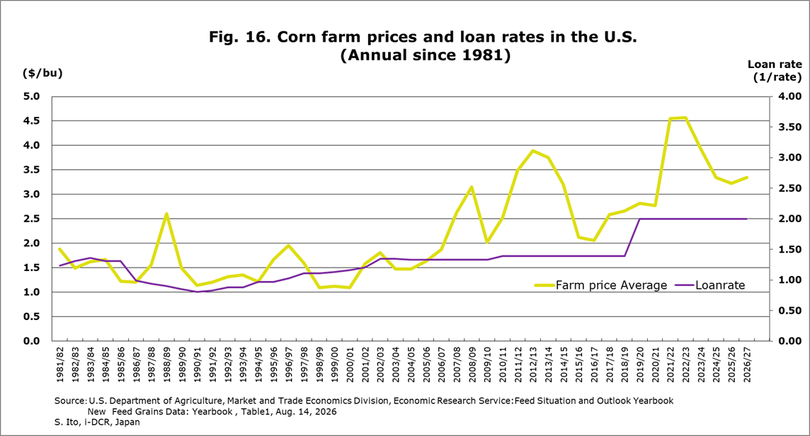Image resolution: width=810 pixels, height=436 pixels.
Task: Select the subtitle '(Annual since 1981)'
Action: (x=425, y=54)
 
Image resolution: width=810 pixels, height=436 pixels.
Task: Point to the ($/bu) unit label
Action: (x=42, y=73)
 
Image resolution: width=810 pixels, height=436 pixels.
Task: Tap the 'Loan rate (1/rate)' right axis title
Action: (x=775, y=71)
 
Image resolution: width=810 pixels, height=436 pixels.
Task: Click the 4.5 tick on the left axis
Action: (x=31, y=121)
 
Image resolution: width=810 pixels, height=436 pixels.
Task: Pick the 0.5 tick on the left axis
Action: (x=31, y=316)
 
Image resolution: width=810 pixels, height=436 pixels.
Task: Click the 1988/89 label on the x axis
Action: (x=166, y=365)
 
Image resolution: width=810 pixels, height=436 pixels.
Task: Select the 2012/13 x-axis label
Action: (x=533, y=365)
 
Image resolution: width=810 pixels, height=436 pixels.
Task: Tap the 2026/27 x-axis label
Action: (x=747, y=365)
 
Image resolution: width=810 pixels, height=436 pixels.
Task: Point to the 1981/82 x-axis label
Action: (x=59, y=365)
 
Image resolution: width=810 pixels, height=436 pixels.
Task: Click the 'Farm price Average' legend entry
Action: (x=601, y=285)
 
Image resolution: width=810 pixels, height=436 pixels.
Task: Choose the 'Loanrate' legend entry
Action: (x=710, y=285)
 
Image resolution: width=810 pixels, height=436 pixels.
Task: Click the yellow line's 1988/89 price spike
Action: (x=166, y=214)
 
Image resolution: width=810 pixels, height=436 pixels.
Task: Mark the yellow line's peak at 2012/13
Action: (x=533, y=151)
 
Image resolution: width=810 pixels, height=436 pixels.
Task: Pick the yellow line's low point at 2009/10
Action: (x=487, y=242)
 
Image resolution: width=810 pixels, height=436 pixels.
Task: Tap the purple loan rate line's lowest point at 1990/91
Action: (x=197, y=292)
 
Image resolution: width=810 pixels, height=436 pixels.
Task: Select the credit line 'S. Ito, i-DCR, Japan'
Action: (x=97, y=422)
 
